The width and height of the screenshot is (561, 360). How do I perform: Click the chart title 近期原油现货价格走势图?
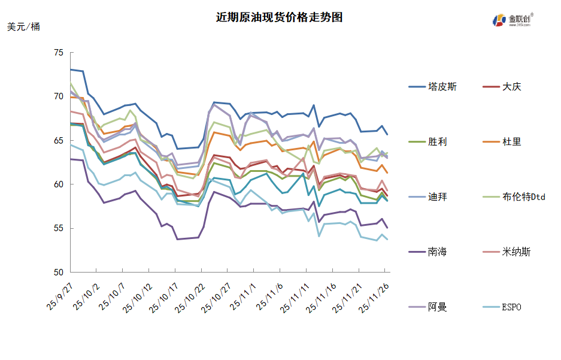tap(280, 17)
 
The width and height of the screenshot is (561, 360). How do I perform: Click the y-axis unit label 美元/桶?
tap(23, 27)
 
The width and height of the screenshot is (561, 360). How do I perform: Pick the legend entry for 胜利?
tap(437, 142)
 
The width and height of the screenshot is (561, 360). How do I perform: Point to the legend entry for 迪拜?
tap(437, 197)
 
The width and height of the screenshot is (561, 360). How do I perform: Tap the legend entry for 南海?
tap(437, 252)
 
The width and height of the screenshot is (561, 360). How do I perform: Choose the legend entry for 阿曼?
tap(437, 307)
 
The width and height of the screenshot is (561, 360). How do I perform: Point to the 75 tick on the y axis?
tap(58, 53)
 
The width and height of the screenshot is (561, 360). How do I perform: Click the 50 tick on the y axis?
tap(58, 273)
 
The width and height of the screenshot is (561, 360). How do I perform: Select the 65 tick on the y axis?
tap(58, 141)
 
